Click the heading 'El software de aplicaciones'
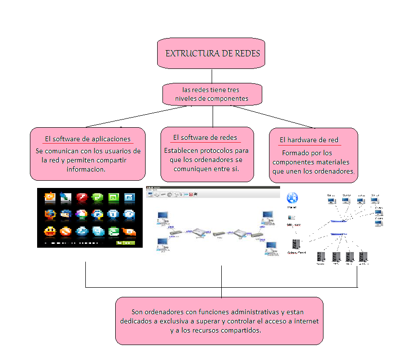tap(88, 139)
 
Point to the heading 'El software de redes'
tap(205, 137)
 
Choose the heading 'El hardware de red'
tap(309, 140)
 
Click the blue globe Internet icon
tap(292, 198)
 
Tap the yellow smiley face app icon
tap(49, 231)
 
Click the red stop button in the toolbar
tap(191, 195)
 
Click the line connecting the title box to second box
tap(212, 76)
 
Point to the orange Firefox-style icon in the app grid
tap(49, 214)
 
